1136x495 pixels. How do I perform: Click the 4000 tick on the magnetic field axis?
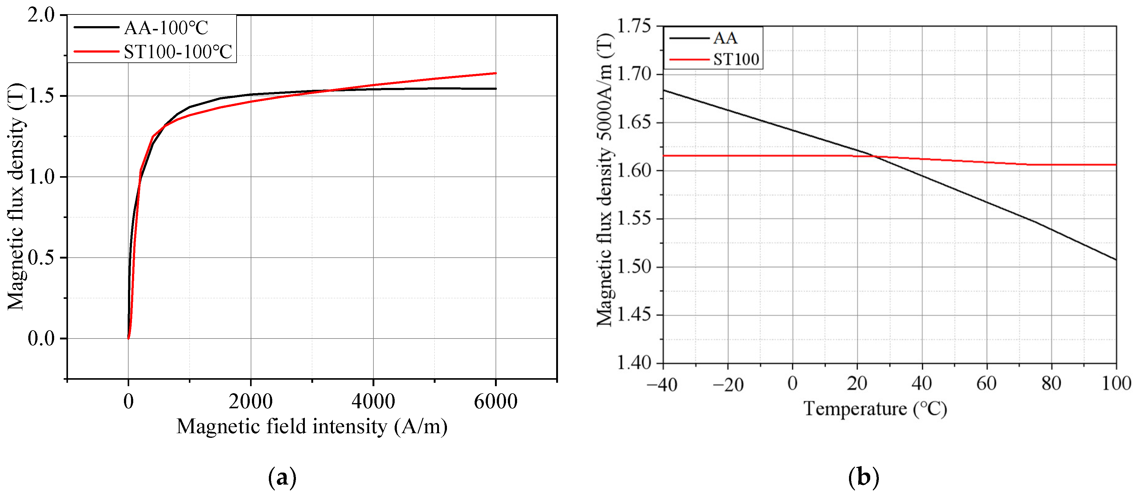click(373, 401)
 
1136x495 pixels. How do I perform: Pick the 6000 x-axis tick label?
click(495, 401)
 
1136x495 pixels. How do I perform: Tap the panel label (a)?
click(282, 477)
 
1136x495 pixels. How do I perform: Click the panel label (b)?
click(863, 477)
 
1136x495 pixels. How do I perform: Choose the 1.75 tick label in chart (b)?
click(633, 26)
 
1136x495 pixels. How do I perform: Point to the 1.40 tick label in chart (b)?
click(633, 363)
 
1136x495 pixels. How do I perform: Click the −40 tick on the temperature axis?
click(662, 384)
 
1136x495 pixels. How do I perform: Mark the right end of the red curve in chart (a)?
click(496, 73)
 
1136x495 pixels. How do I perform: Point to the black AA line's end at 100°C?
click(1116, 259)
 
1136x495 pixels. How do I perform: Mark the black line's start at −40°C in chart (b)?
click(664, 90)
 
